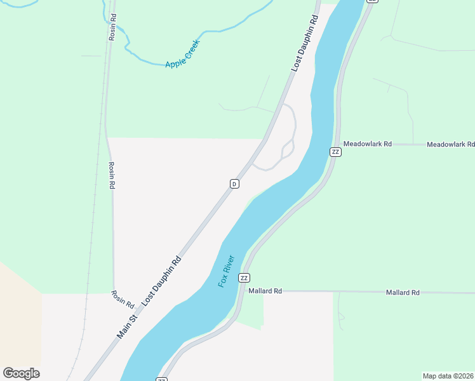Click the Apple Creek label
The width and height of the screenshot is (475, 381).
point(183,55)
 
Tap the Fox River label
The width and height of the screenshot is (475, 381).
point(227,271)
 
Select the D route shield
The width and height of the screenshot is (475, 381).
point(234,184)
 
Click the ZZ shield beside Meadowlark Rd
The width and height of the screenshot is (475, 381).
point(335,151)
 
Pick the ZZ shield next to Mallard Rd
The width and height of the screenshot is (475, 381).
point(244,278)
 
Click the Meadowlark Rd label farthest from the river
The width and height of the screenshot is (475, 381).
point(450,145)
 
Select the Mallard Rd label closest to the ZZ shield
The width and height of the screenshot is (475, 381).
point(265,291)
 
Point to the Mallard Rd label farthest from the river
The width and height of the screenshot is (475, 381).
point(403,293)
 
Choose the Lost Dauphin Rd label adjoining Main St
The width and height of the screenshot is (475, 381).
point(162,281)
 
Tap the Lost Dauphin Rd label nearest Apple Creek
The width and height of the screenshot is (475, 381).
point(304,44)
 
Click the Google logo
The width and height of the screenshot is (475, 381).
point(21,373)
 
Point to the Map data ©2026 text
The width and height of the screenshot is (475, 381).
point(448,376)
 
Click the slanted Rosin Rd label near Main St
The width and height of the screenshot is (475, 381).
point(123,299)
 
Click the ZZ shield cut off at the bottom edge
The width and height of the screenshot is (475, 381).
point(161,379)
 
